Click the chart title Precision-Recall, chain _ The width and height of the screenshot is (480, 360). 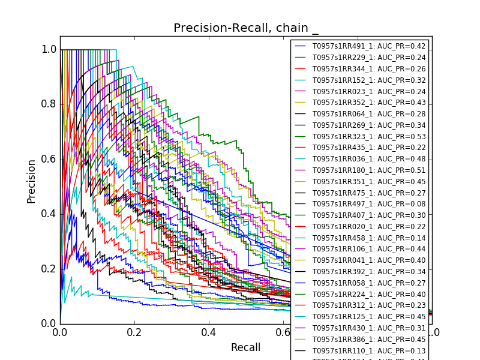click(x=246, y=28)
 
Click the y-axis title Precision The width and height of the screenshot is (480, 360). click(x=31, y=181)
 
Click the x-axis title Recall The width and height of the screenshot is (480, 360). click(x=246, y=348)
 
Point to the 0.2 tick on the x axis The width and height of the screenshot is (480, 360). click(x=134, y=324)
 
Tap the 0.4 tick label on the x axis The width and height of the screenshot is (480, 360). click(x=209, y=332)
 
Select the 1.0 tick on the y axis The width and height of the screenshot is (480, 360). click(x=60, y=50)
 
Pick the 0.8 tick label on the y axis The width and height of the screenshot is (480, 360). click(x=48, y=104)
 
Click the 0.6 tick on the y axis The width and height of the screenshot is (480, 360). click(x=60, y=159)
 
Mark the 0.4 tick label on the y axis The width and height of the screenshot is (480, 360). click(x=48, y=214)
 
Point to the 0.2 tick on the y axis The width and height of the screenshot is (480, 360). click(x=60, y=269)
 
